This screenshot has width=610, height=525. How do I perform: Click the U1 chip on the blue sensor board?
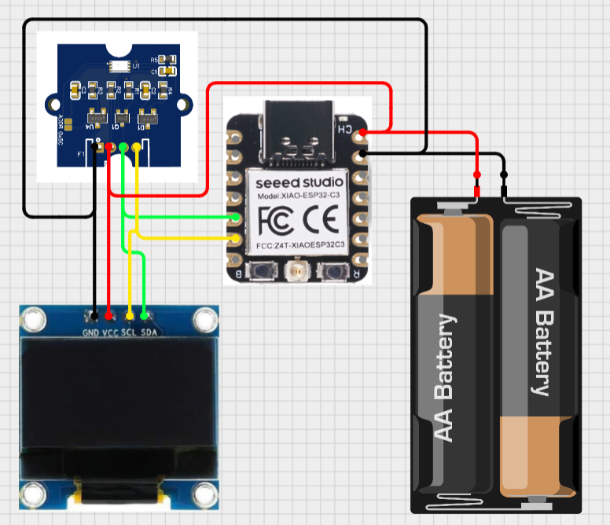(120, 67)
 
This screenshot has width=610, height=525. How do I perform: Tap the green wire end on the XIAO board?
(236, 216)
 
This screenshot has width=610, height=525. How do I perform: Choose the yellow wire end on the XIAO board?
(236, 237)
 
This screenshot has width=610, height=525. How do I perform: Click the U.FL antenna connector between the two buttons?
(297, 273)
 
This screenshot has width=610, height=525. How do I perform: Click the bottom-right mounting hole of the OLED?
(204, 494)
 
